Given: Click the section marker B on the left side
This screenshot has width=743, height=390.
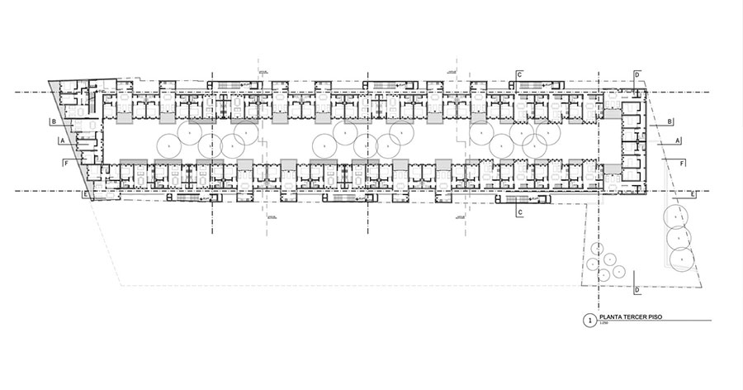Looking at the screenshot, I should click(x=53, y=122).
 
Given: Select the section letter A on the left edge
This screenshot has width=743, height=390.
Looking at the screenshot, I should click(x=62, y=141).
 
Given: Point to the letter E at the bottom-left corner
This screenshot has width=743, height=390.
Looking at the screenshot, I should click(x=86, y=193).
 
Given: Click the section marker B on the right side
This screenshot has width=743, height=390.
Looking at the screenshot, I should click(x=670, y=121).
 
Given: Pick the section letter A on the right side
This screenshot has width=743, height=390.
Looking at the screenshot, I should click(x=678, y=141).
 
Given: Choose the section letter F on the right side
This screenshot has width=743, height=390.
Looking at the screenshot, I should click(x=682, y=164).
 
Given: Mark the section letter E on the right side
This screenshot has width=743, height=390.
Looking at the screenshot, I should click(x=692, y=194).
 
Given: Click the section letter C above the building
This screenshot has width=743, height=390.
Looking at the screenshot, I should click(x=519, y=75).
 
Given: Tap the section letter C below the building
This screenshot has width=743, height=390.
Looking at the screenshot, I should click(x=519, y=212).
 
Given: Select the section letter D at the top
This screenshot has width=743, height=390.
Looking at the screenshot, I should click(x=637, y=75).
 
